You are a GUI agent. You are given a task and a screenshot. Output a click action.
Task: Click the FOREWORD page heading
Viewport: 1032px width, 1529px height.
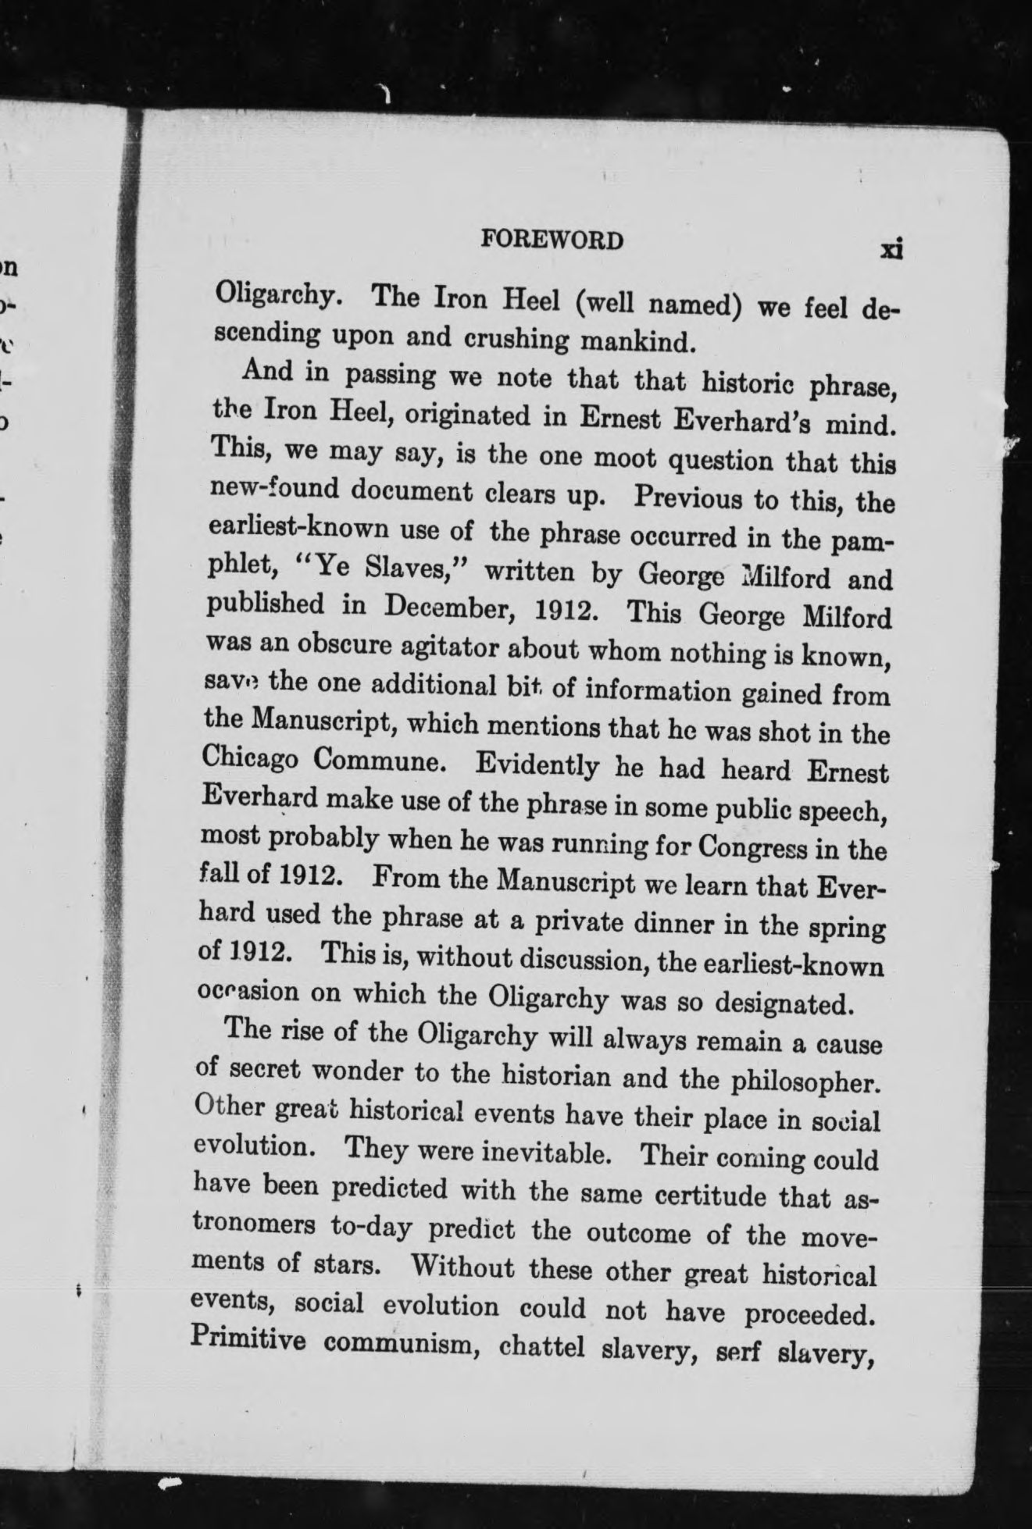[552, 241]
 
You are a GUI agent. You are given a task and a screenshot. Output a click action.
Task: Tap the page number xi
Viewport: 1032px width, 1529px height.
[891, 249]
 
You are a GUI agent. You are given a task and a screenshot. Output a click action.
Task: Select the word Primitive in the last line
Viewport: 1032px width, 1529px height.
[249, 1340]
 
